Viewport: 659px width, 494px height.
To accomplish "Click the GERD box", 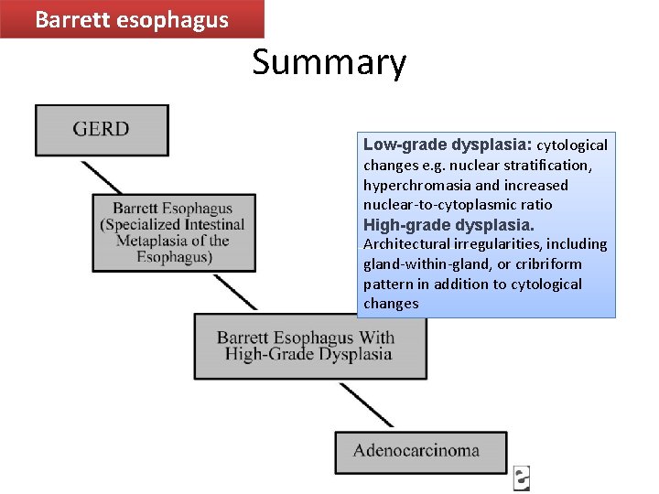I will click(x=102, y=130).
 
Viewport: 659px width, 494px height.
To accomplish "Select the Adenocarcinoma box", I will click(x=420, y=452).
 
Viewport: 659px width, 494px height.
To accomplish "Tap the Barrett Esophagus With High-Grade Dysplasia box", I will click(x=310, y=346).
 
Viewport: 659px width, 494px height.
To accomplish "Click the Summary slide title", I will click(x=329, y=63).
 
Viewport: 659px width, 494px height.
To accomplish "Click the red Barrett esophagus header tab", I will click(x=132, y=19).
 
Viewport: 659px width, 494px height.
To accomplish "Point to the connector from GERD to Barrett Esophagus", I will click(x=102, y=176).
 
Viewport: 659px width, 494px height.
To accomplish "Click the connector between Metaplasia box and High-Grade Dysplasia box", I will click(x=234, y=293).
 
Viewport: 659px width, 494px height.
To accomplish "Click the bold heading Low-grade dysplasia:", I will click(x=447, y=145).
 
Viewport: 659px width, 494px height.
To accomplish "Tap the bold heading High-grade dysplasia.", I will click(x=448, y=224).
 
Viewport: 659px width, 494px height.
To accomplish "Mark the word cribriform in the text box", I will click(x=548, y=264).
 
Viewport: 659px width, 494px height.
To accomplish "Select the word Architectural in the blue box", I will click(x=405, y=244).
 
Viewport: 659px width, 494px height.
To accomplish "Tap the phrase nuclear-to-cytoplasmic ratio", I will click(x=458, y=205).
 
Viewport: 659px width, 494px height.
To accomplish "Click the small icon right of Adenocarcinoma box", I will click(x=522, y=476).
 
